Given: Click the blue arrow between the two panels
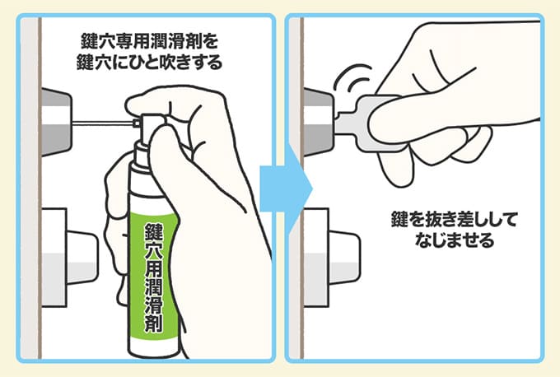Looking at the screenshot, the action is pyautogui.click(x=286, y=188).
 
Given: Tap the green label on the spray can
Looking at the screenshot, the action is pyautogui.click(x=154, y=275).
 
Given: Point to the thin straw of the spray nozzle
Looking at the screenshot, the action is pyautogui.click(x=103, y=123).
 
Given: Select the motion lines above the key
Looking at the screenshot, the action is pyautogui.click(x=352, y=78).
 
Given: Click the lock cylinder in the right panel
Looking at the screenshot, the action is pyautogui.click(x=319, y=122).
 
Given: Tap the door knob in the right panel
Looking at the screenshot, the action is pyautogui.click(x=331, y=258).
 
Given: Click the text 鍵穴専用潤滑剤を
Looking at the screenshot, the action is pyautogui.click(x=149, y=42).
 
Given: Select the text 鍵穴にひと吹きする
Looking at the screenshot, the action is pyautogui.click(x=149, y=63).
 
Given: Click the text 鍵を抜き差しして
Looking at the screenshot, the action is pyautogui.click(x=454, y=220).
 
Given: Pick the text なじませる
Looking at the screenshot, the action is pyautogui.click(x=455, y=240).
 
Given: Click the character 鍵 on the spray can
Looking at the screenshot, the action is pyautogui.click(x=153, y=232).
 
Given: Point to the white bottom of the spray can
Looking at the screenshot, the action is pyautogui.click(x=154, y=348).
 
